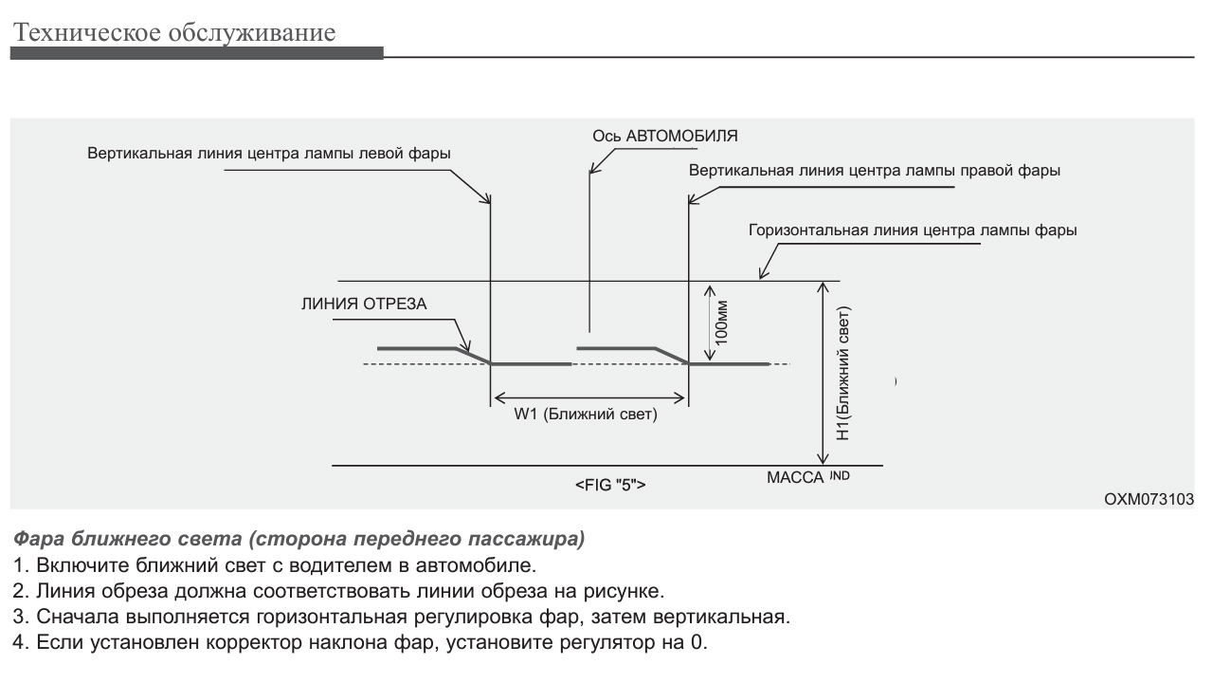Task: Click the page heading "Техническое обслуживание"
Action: tap(173, 33)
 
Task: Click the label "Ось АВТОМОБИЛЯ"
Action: tap(664, 136)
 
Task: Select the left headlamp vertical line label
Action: tap(269, 153)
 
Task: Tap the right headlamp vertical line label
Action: tap(874, 172)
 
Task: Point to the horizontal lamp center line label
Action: tap(912, 230)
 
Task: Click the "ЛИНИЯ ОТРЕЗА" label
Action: tap(365, 305)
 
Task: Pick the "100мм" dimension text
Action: tap(722, 323)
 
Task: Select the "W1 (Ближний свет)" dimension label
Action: tap(586, 415)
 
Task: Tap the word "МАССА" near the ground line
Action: tap(794, 477)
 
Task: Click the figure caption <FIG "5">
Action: tap(610, 485)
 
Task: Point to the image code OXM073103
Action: tap(1149, 499)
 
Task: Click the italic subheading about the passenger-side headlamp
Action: tap(299, 540)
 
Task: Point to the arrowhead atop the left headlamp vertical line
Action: tap(488, 199)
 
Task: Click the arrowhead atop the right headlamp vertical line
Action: tap(690, 199)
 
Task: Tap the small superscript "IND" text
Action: tap(840, 475)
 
